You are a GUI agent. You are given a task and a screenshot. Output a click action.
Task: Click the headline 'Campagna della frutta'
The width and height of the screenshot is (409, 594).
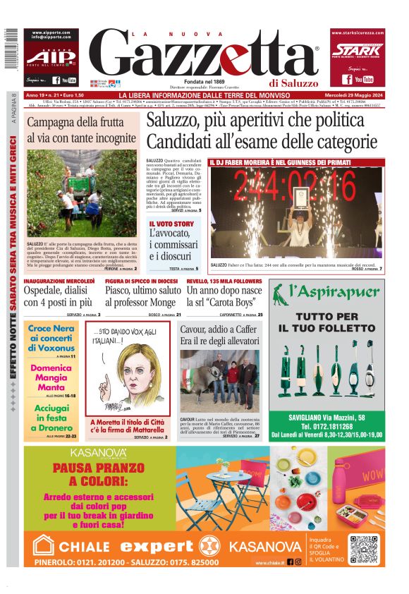click(81, 130)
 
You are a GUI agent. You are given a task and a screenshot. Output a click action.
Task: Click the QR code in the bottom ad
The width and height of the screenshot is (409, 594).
click(365, 550)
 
